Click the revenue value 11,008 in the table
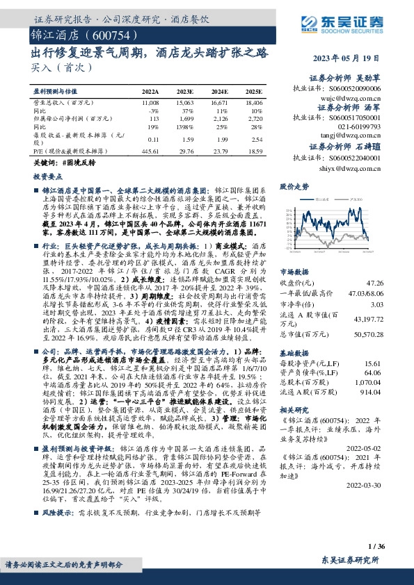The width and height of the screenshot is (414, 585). coord(150,101)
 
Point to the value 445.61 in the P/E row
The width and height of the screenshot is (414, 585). coord(148,150)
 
